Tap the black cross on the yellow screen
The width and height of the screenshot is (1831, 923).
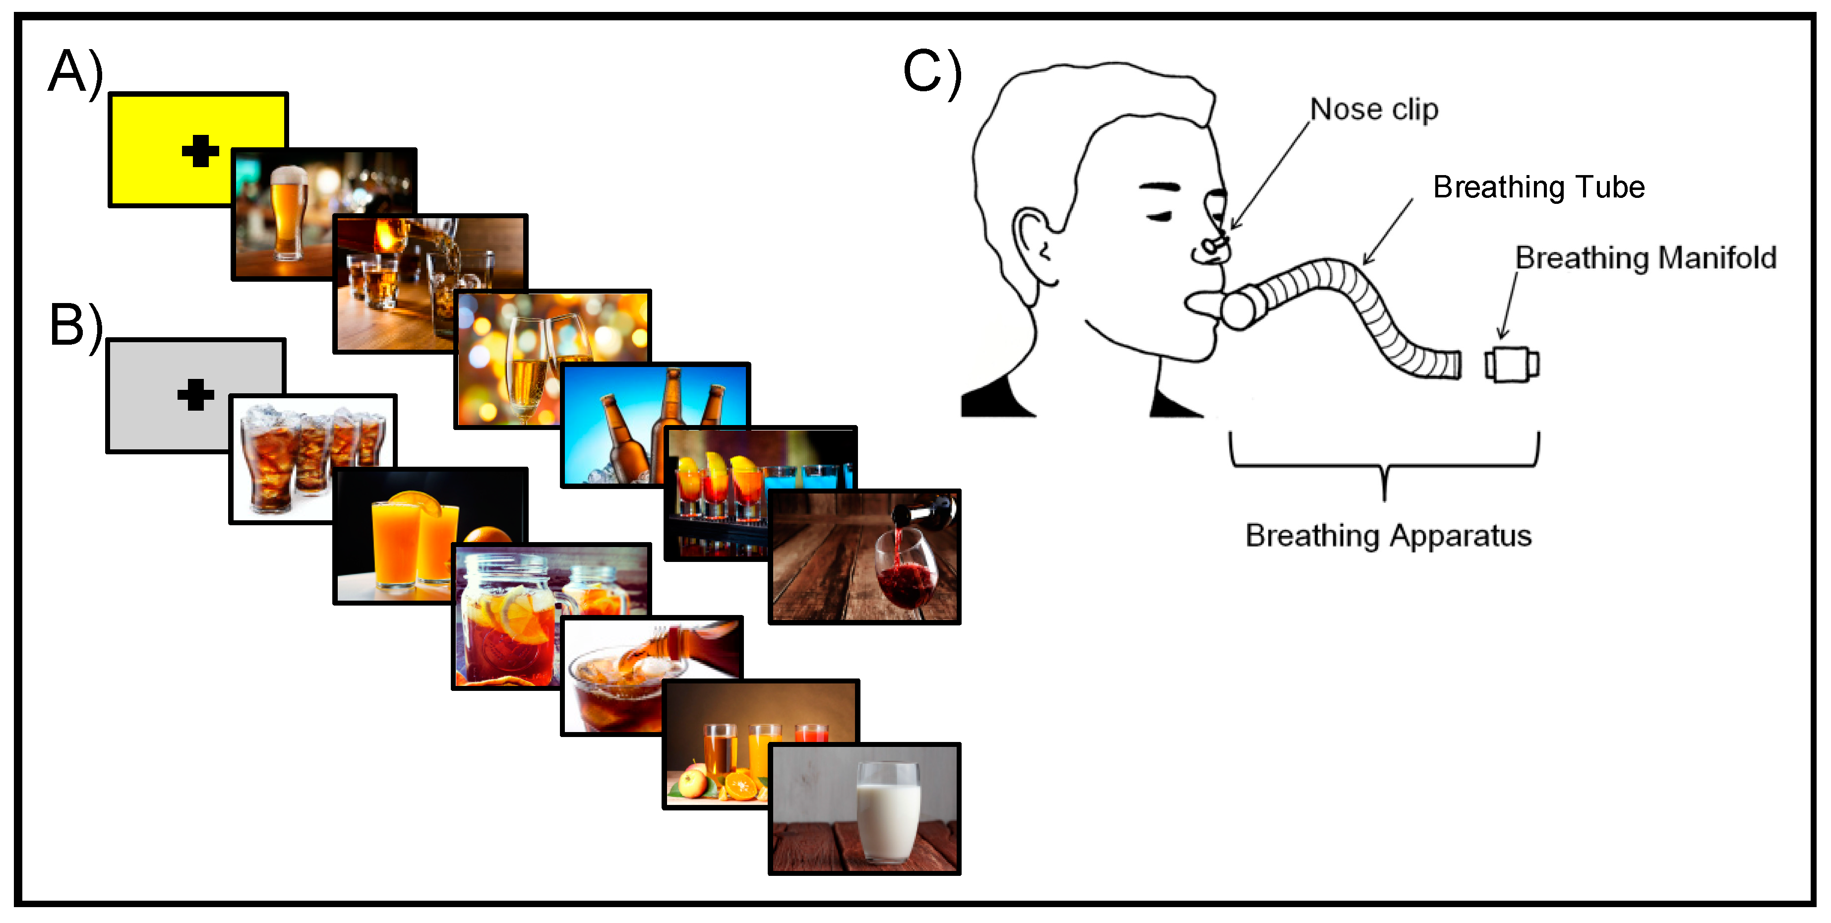point(200,151)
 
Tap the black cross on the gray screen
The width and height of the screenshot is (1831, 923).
point(195,395)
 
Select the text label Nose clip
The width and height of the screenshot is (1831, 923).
point(1374,110)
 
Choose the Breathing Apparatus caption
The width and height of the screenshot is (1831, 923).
point(1388,536)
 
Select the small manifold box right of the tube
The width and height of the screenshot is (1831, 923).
point(1512,365)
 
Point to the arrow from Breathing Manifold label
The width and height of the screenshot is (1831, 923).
point(1507,307)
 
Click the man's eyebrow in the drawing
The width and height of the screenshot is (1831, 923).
point(1160,188)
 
